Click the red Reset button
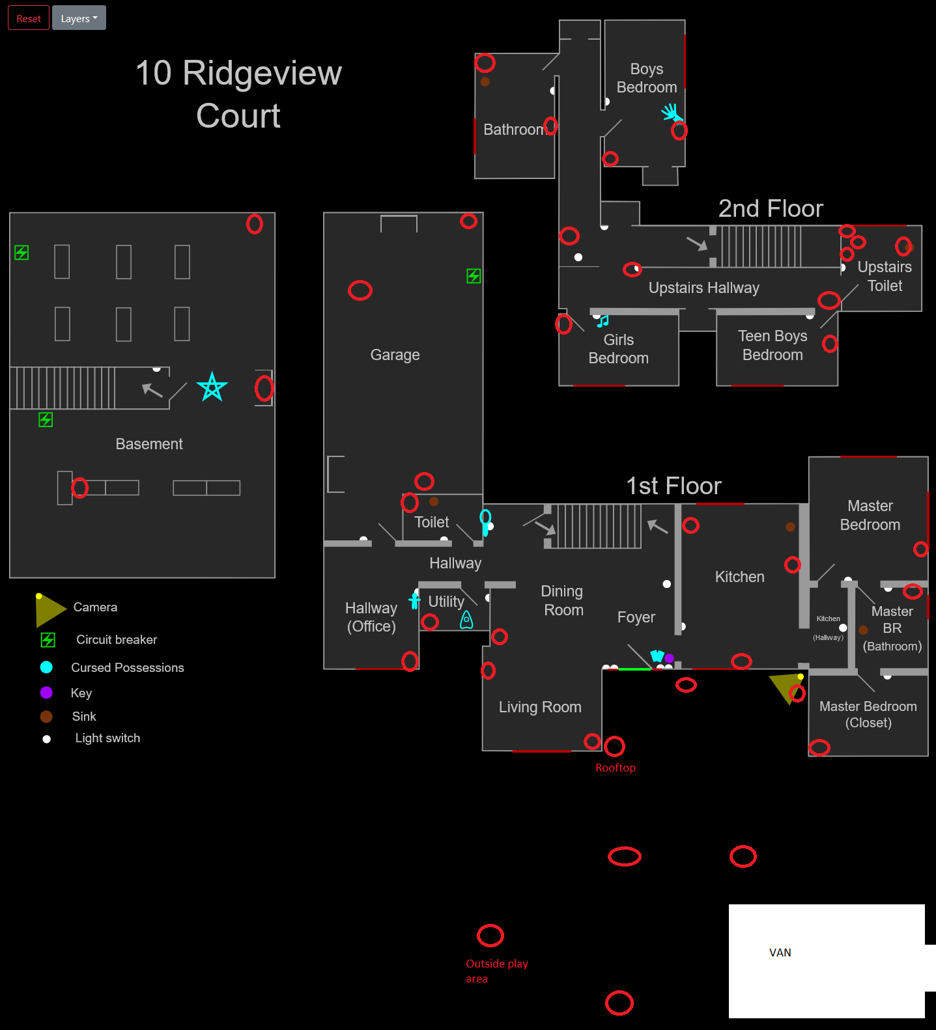pos(29,18)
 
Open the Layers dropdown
pos(79,18)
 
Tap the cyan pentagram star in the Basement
pos(212,387)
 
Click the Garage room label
pos(395,355)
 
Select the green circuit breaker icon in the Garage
pos(474,276)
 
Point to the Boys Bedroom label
pos(646,78)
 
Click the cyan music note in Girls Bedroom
pos(603,321)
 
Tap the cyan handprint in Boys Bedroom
pos(670,113)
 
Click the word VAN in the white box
pos(780,953)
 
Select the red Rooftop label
pos(615,768)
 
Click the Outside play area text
pos(496,971)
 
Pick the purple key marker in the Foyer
pos(669,658)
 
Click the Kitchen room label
pos(739,577)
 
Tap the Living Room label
pos(539,707)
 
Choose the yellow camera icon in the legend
pos(50,609)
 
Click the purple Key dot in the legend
pos(46,692)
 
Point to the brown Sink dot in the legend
pos(46,716)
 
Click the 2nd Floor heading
pos(770,208)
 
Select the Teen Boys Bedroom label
pos(773,345)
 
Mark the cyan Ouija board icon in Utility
pos(466,620)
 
